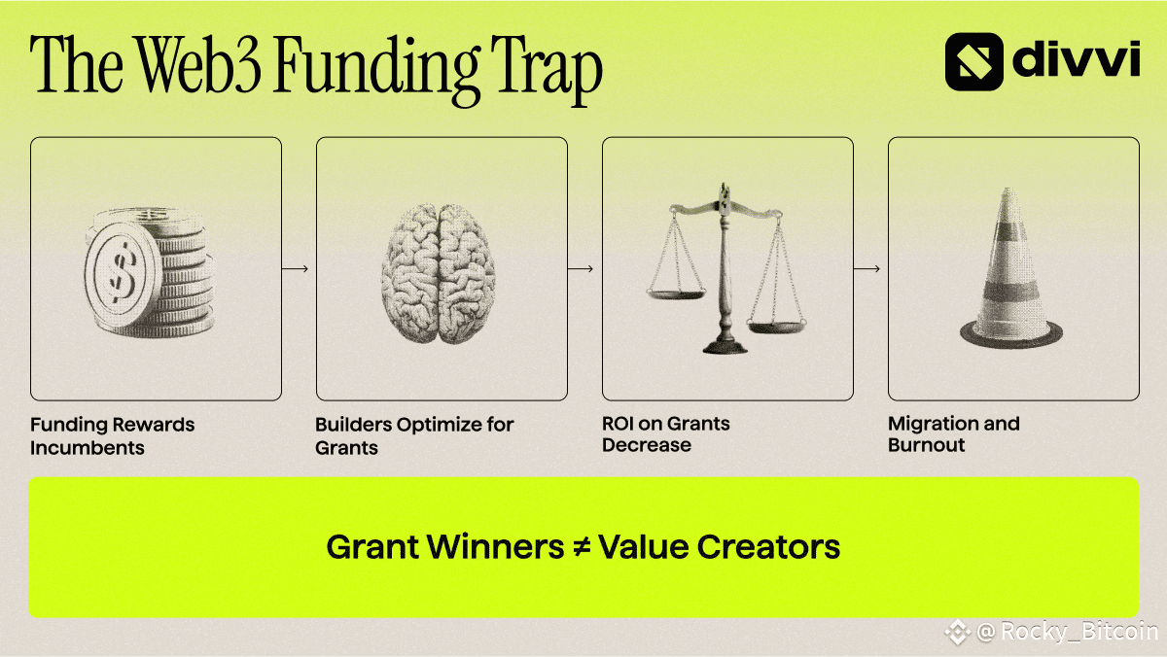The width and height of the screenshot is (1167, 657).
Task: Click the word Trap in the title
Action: pyautogui.click(x=546, y=70)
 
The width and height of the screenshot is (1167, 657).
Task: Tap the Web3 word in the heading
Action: pyautogui.click(x=199, y=65)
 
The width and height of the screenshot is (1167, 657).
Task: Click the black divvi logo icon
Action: pyautogui.click(x=973, y=61)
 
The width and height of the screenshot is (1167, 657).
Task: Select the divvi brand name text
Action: pyautogui.click(x=1077, y=59)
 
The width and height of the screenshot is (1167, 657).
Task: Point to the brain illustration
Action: pyautogui.click(x=438, y=273)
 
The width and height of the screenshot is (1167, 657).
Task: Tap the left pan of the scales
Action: pyautogui.click(x=676, y=294)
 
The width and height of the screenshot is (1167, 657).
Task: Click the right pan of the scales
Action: pyautogui.click(x=776, y=327)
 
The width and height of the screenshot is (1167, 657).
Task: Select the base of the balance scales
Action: pyautogui.click(x=725, y=346)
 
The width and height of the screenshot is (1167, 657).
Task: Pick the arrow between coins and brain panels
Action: pyautogui.click(x=295, y=268)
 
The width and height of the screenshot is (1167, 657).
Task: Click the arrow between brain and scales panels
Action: pyautogui.click(x=581, y=268)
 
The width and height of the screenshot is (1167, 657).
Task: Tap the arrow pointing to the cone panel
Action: pyautogui.click(x=866, y=268)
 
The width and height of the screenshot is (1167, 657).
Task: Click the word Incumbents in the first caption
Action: pyautogui.click(x=87, y=448)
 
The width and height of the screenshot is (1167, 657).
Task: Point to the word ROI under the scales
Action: pyautogui.click(x=618, y=424)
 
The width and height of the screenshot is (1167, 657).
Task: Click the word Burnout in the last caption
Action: pyautogui.click(x=926, y=445)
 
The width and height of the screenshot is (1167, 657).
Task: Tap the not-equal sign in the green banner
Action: pyautogui.click(x=581, y=547)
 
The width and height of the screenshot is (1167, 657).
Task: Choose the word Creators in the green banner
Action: pyautogui.click(x=768, y=546)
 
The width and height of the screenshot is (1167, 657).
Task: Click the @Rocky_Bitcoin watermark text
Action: pyautogui.click(x=1067, y=632)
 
